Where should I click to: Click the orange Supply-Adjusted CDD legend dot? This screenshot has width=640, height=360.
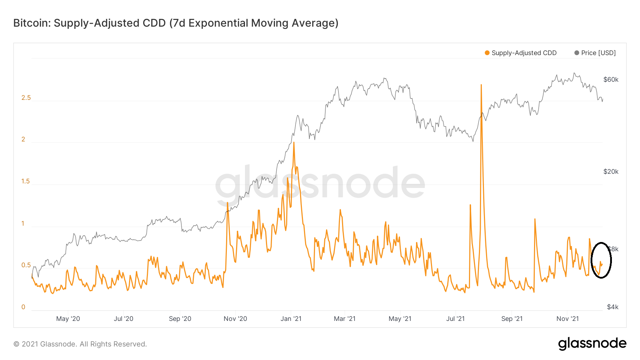[487, 53]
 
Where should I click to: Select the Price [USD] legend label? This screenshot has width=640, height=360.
[598, 53]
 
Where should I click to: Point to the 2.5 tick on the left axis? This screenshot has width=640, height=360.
[26, 98]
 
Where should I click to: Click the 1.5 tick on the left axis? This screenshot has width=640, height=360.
[26, 181]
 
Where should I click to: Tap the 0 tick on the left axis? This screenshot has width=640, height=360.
[23, 307]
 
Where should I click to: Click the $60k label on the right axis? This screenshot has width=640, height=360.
[611, 80]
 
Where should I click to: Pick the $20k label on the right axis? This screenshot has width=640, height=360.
[611, 172]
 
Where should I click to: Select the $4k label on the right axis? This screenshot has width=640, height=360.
[613, 307]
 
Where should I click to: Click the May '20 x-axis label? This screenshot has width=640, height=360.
[68, 319]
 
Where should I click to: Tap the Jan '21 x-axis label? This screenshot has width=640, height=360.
[291, 319]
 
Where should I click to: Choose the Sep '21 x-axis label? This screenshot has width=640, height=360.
[512, 319]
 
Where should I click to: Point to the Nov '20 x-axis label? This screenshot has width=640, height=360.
[235, 319]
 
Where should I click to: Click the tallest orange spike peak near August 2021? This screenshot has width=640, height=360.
[481, 85]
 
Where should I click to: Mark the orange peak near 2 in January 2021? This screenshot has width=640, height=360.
[294, 143]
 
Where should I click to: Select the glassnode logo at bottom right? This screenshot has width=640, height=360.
[592, 344]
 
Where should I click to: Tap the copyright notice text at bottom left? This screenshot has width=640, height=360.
[80, 344]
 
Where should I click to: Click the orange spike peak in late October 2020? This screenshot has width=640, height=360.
[227, 203]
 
